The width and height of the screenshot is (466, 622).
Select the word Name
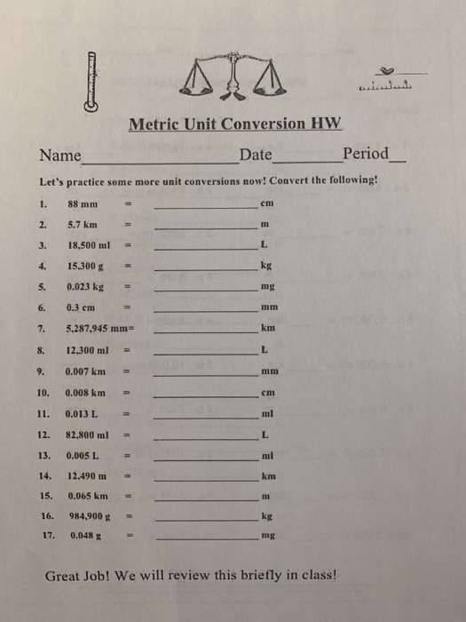click(60, 155)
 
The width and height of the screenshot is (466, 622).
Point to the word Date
click(256, 155)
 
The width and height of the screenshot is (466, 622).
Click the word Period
click(366, 154)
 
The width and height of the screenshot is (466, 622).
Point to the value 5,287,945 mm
click(99, 329)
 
